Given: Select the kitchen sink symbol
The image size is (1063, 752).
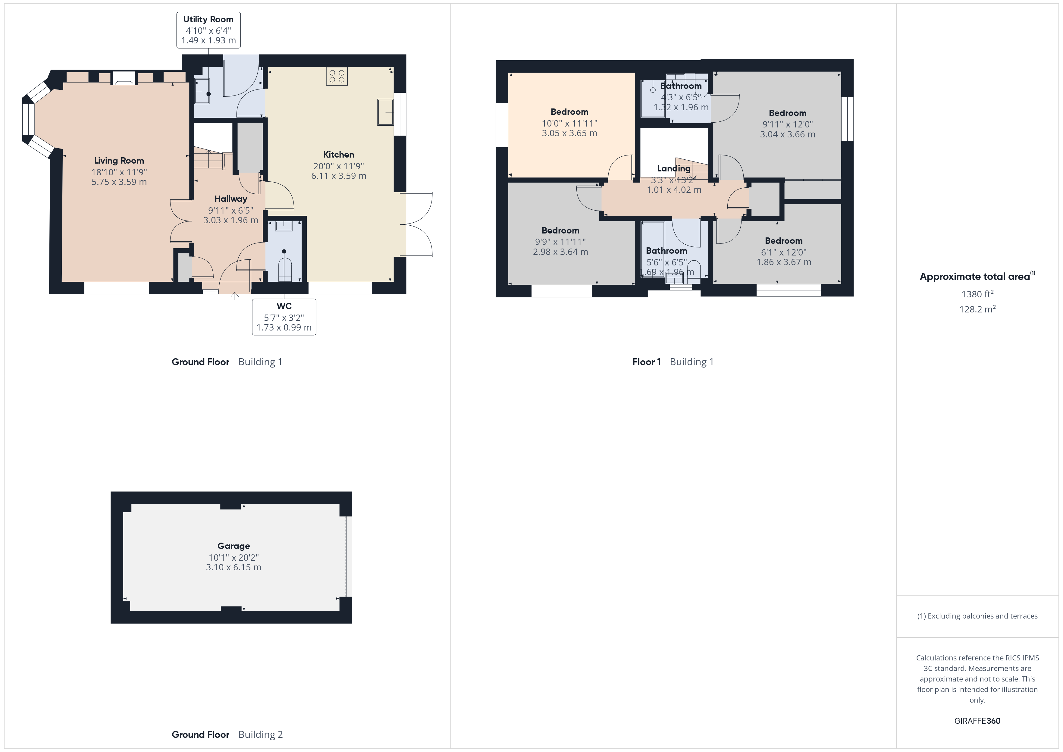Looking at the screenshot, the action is (385, 112).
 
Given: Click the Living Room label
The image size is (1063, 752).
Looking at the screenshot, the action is (119, 161).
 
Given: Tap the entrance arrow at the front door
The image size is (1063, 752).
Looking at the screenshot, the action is (235, 296).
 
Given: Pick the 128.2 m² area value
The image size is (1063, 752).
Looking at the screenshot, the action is (977, 309).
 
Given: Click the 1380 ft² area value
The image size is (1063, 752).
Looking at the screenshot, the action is (977, 293).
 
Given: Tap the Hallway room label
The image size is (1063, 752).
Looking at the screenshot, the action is (230, 199).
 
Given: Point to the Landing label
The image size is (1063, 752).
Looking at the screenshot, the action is (674, 168).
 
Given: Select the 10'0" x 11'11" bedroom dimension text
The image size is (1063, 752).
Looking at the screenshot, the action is (569, 124).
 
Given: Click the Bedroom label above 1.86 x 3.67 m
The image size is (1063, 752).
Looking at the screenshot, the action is (783, 241).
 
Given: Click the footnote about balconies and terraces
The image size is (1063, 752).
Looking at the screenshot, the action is (977, 616).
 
